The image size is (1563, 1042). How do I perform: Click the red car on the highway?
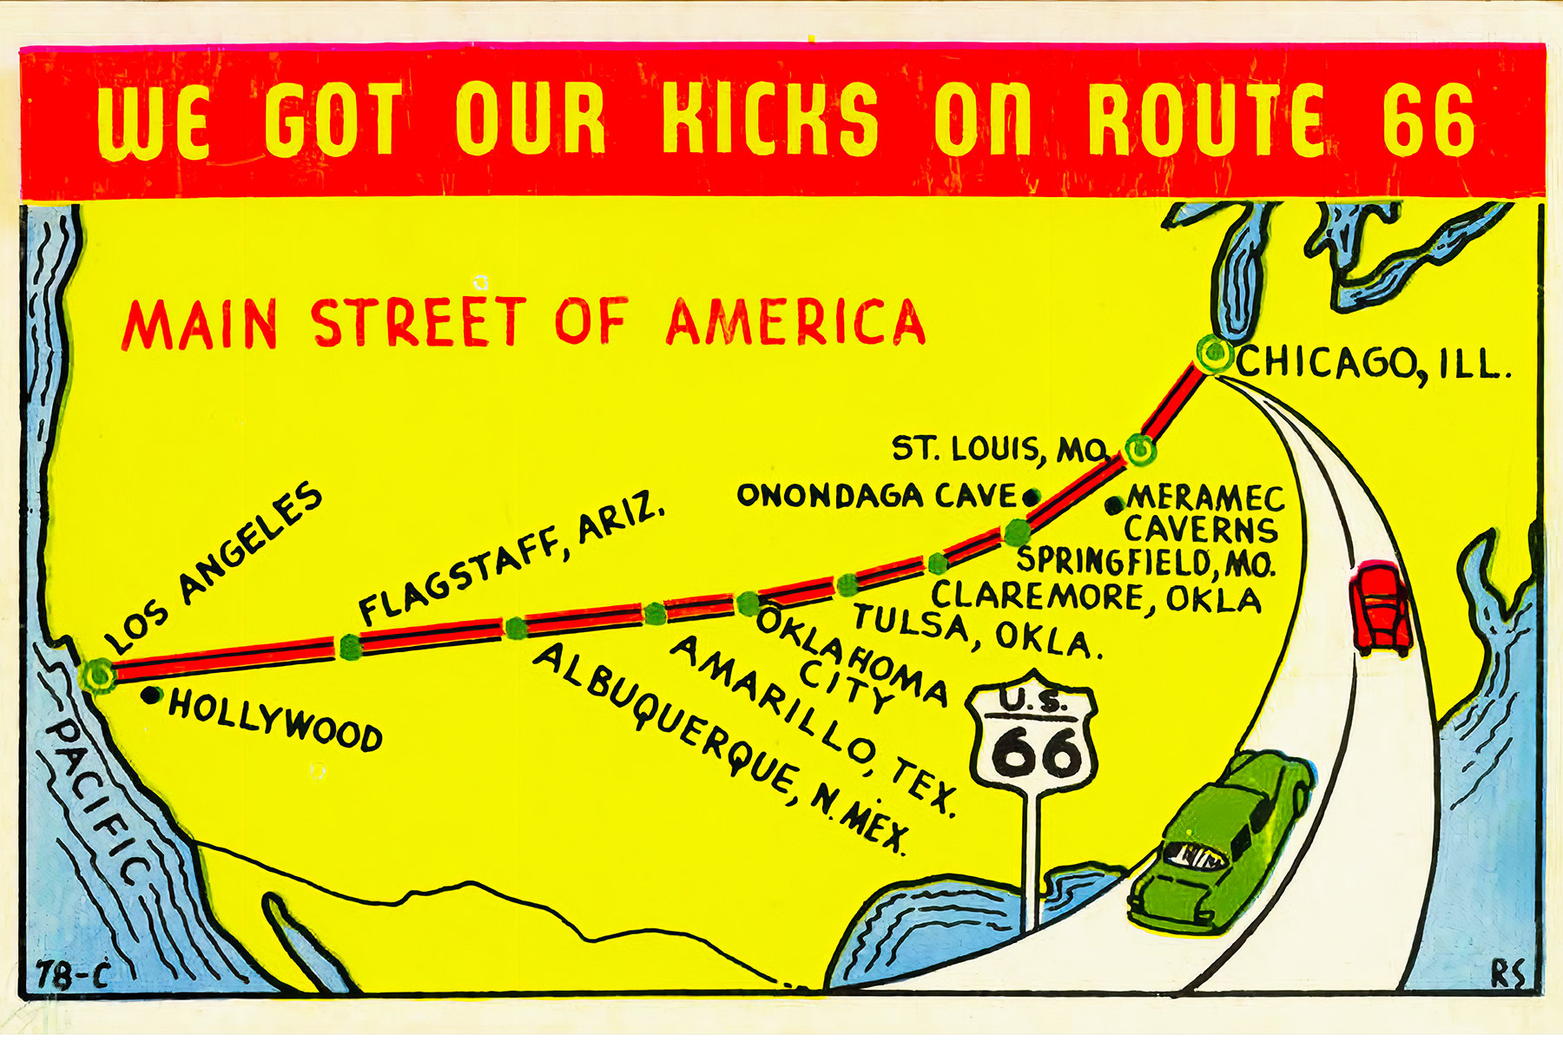click(1381, 608)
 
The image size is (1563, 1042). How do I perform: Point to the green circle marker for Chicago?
click(1213, 353)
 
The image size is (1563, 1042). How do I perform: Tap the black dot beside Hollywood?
click(153, 695)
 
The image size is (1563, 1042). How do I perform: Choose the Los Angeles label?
click(213, 569)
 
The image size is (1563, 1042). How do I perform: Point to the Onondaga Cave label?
click(877, 496)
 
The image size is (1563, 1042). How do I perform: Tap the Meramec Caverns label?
click(1203, 514)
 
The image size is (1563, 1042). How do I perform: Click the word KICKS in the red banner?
click(769, 119)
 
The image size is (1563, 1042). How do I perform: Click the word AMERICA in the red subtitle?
click(795, 323)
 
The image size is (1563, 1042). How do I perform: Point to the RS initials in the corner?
click(1507, 974)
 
